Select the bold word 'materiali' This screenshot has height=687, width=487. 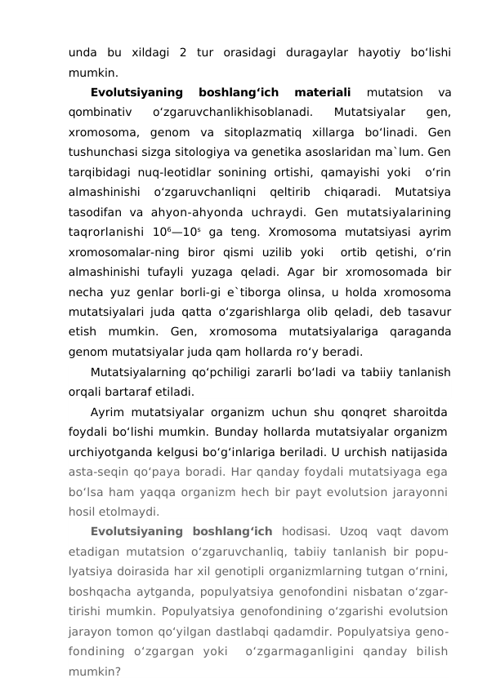pyautogui.click(x=322, y=92)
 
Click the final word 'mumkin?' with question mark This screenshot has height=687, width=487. pyautogui.click(x=94, y=670)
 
